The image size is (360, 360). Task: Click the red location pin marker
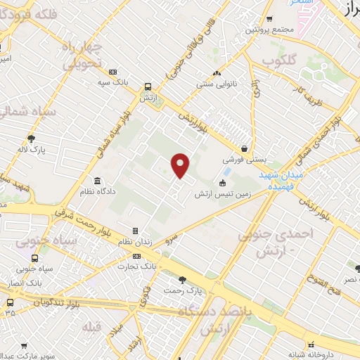[181, 165]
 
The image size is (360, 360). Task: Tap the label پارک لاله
[32, 149]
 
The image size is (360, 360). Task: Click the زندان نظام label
[136, 241]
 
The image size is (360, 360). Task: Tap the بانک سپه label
[115, 82]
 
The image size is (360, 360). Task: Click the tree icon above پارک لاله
[31, 139]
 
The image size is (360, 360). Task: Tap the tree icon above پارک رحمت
[183, 280]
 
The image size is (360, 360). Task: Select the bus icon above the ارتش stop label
[148, 87]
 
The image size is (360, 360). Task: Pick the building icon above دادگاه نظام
[96, 181]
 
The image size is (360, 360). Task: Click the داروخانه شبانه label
[302, 354]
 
